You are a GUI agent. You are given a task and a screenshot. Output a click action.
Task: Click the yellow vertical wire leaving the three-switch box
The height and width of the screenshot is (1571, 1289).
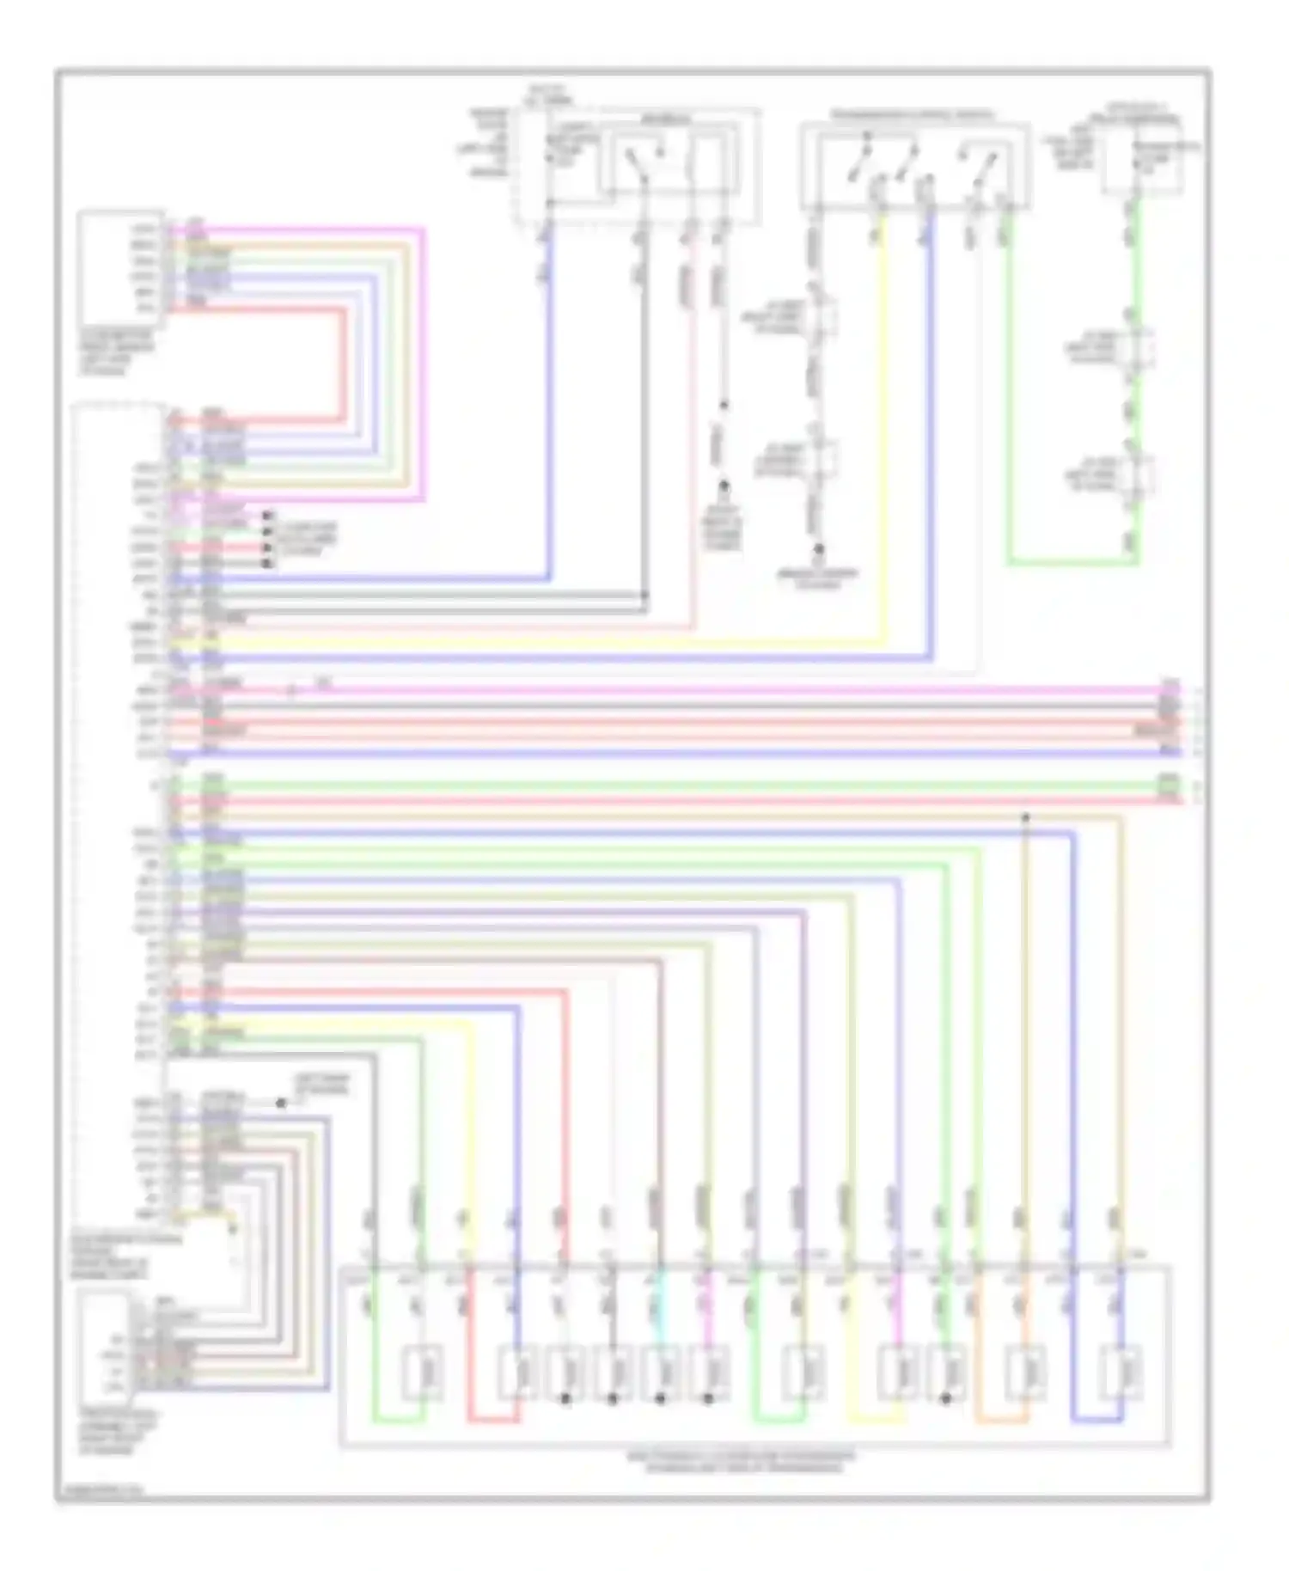click(883, 430)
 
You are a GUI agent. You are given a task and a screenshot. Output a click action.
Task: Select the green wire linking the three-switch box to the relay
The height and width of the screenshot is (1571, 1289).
click(1009, 387)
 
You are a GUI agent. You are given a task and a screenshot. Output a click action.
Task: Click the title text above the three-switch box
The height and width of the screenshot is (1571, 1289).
click(913, 114)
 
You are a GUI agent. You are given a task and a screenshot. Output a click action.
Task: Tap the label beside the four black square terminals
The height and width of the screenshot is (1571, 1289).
click(305, 539)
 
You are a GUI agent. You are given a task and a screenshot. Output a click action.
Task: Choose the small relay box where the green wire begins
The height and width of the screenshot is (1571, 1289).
click(1142, 163)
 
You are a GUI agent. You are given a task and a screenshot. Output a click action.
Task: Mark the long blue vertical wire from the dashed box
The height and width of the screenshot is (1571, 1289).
click(548, 404)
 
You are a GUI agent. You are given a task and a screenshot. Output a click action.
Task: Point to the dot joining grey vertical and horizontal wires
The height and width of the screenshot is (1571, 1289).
click(644, 595)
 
